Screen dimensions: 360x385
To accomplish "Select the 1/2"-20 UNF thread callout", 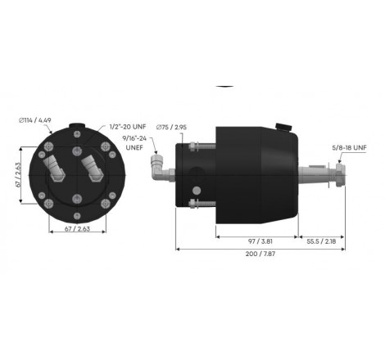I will pos(128,128).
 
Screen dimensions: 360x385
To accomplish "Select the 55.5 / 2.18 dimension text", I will pos(322,243).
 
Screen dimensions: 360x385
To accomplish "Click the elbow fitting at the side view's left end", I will pos(156,169).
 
